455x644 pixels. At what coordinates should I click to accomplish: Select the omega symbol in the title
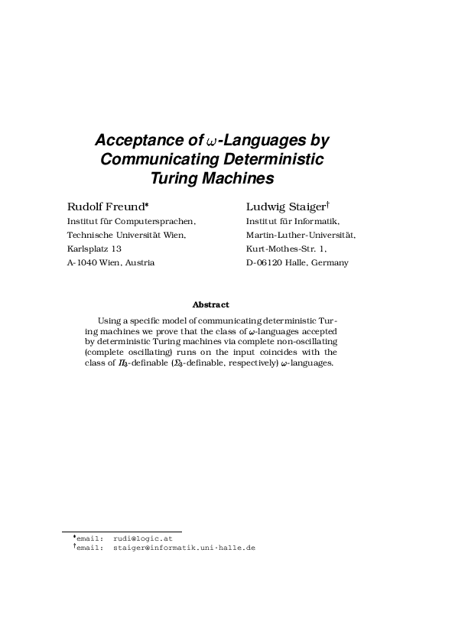212,141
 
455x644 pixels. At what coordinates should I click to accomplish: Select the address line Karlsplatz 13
94,249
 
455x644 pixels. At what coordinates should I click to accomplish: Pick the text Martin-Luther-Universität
301,235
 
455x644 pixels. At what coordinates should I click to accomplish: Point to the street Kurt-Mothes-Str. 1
286,249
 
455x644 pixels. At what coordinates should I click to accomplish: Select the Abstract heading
210,305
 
